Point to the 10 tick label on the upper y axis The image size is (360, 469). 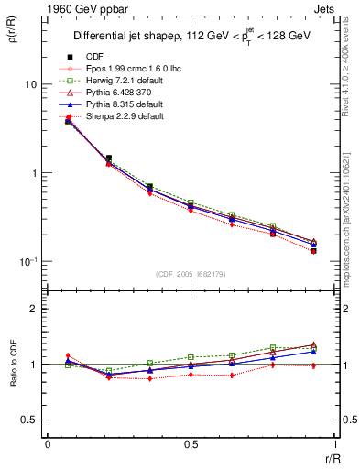pyautogui.click(x=30, y=84)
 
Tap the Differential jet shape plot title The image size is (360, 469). pyautogui.click(x=193, y=36)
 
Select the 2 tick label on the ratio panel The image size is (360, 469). pyautogui.click(x=33, y=309)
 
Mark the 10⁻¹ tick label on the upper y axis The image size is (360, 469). pyautogui.click(x=27, y=262)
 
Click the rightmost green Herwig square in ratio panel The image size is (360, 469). pyautogui.click(x=313, y=345)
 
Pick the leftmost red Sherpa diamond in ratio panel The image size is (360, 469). pyautogui.click(x=68, y=355)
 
